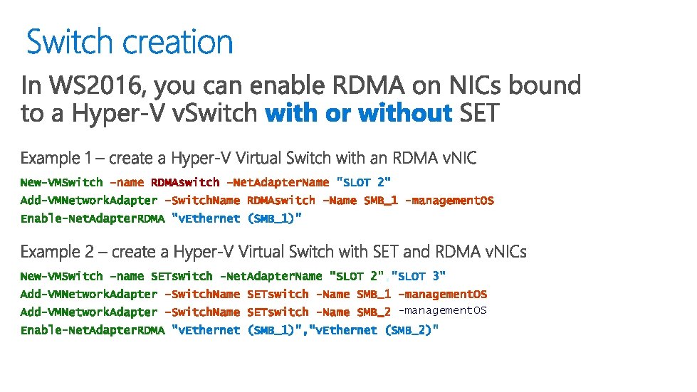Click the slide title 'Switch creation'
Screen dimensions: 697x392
coord(130,42)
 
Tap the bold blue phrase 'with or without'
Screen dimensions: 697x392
coord(359,113)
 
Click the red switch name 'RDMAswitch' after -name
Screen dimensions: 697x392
coord(185,183)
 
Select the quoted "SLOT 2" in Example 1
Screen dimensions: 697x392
coord(363,183)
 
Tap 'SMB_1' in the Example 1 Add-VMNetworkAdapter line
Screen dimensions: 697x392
coord(381,201)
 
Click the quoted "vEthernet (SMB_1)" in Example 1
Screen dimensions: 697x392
coord(237,218)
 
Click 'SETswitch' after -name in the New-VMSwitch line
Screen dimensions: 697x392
coord(182,276)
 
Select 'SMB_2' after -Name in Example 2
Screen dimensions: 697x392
coord(374,312)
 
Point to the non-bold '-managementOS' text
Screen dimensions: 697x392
coord(442,310)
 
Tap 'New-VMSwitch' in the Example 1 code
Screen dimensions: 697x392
coord(61,183)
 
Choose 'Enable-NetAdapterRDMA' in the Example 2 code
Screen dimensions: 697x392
coord(92,330)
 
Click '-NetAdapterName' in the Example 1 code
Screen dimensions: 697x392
coord(278,183)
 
